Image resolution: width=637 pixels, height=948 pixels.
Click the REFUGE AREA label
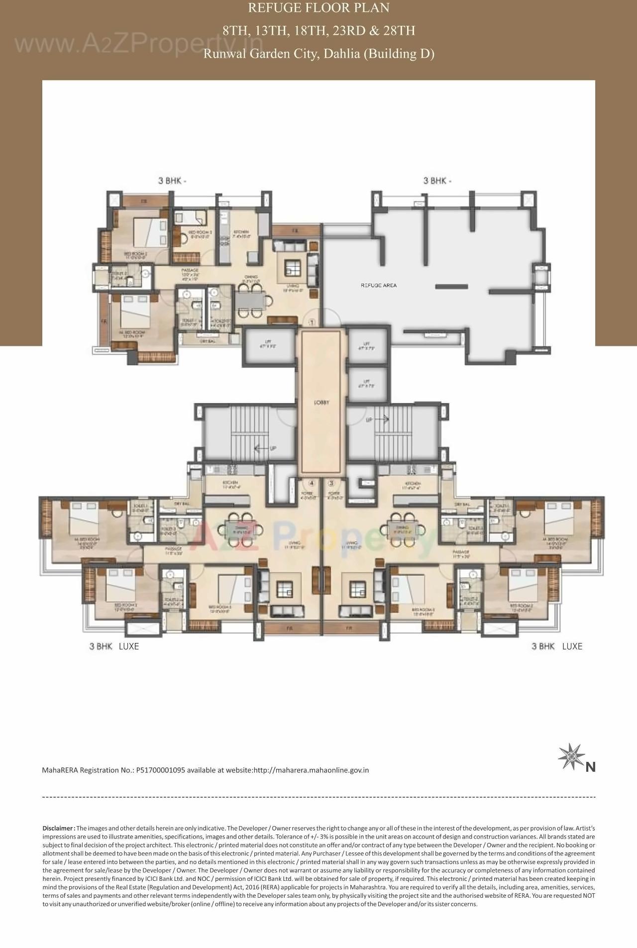pos(378,286)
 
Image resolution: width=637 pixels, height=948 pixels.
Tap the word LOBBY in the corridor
pos(321,403)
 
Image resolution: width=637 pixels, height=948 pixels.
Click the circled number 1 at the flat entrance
pos(312,322)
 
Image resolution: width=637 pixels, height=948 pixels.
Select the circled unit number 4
pos(312,483)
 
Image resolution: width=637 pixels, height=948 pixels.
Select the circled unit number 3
pos(331,483)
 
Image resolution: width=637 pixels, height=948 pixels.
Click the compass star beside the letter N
pos(570,757)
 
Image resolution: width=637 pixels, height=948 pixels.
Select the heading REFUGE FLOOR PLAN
pos(318,8)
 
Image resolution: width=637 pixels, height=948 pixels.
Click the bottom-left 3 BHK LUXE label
pos(114,646)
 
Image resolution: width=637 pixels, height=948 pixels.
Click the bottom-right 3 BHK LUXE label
pos(556,646)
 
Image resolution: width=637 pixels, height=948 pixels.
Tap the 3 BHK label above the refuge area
pos(437,181)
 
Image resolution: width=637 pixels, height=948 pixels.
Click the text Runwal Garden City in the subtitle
pos(260,54)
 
